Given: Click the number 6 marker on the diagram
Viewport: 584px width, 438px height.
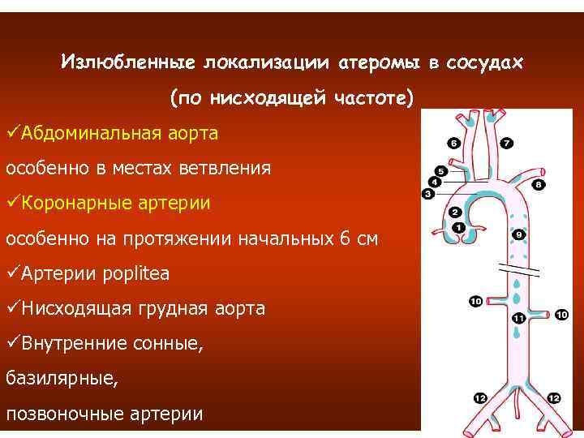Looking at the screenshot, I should [x=453, y=144].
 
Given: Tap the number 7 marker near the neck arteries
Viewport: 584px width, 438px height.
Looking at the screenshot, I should [x=507, y=144].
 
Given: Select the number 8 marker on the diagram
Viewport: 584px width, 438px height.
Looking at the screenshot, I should [x=539, y=185].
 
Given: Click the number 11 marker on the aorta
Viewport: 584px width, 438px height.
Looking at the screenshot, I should [x=518, y=320].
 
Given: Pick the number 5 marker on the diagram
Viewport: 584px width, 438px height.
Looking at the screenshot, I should [x=440, y=172].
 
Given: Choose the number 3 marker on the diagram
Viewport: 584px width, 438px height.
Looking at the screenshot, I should [x=427, y=194].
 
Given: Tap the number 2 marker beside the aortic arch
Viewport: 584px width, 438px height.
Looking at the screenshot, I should [x=455, y=213].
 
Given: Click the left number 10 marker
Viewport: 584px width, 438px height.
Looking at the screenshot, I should [x=475, y=302].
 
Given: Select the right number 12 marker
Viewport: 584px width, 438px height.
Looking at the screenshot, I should [x=554, y=398].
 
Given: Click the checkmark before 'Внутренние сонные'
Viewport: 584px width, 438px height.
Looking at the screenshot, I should [x=12, y=344].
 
